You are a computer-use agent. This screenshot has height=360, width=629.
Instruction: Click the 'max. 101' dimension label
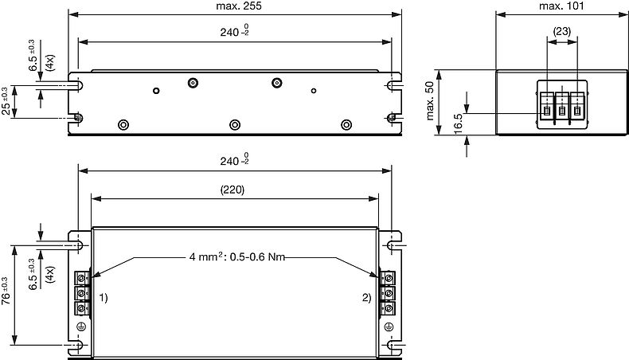coord(561,6)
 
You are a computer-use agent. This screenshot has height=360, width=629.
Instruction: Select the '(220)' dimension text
coord(233,190)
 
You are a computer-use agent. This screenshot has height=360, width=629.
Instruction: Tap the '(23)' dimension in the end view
coord(561,32)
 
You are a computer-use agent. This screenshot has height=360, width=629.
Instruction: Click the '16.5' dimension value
coord(459,124)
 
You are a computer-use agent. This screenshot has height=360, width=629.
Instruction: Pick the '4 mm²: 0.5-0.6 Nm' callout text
coord(236,257)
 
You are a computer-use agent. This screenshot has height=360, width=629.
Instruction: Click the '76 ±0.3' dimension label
coord(6,292)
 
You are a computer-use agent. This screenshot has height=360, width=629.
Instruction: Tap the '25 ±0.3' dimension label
coord(6,100)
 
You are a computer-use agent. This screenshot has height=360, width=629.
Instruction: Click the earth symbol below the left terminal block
coord(80,326)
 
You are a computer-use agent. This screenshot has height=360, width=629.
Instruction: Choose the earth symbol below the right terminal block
coord(389,326)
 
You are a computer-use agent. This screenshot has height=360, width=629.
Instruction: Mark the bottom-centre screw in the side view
coord(235,124)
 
